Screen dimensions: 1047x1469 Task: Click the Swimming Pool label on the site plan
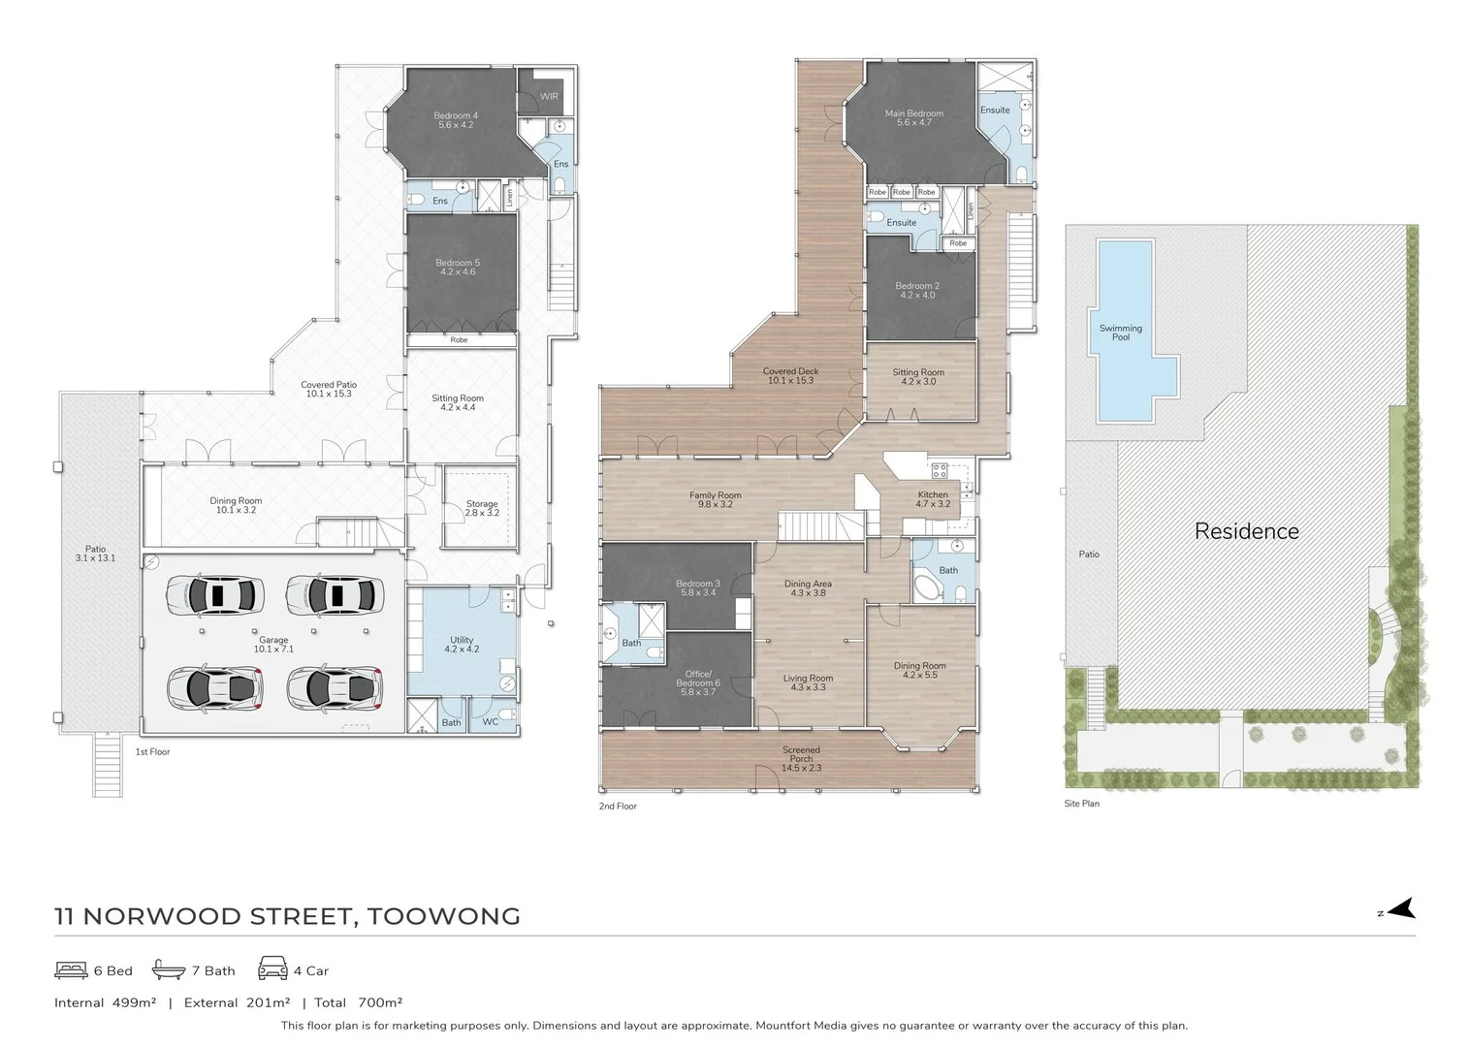pos(1120,333)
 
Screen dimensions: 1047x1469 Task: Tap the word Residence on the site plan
pos(1246,531)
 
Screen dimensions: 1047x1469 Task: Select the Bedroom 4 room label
pos(456,120)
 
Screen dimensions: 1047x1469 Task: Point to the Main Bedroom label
pos(913,117)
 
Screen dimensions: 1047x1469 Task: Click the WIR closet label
pos(549,97)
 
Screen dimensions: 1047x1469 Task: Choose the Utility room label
pos(462,645)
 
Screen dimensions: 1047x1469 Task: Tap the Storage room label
pos(482,507)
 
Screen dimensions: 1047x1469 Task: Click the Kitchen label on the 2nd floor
pos(933,499)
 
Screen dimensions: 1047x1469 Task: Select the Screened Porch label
pos(801,758)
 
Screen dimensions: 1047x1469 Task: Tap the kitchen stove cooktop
pos(939,471)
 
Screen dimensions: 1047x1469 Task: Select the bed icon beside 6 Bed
pos(71,969)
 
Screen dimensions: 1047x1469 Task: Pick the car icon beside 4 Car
pos(272,968)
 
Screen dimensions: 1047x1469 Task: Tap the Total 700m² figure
pos(358,1002)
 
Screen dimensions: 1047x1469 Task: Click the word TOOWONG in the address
pos(443,916)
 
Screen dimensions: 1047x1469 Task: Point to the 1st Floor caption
pos(152,752)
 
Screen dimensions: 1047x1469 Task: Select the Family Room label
pos(716,499)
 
